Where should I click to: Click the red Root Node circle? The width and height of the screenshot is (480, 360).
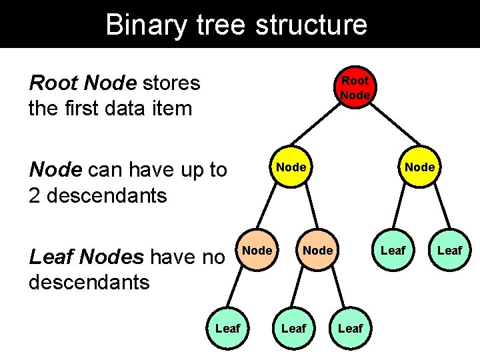(x=355, y=87)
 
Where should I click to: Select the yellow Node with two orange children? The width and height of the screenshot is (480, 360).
(x=291, y=165)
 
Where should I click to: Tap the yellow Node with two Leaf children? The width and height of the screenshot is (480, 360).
(x=420, y=165)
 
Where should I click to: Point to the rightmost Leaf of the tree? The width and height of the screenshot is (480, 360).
(x=450, y=250)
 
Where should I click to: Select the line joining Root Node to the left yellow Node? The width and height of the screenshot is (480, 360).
(x=323, y=126)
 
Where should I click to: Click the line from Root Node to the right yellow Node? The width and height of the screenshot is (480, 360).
(x=387, y=126)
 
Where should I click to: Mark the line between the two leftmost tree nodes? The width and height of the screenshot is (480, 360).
(x=241, y=289)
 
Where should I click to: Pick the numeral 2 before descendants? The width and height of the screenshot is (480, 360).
(x=35, y=195)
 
